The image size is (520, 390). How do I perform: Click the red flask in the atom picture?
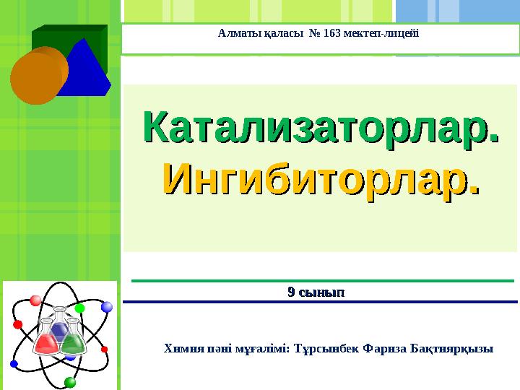click(x=45, y=337)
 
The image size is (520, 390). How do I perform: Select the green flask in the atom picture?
click(x=74, y=337)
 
